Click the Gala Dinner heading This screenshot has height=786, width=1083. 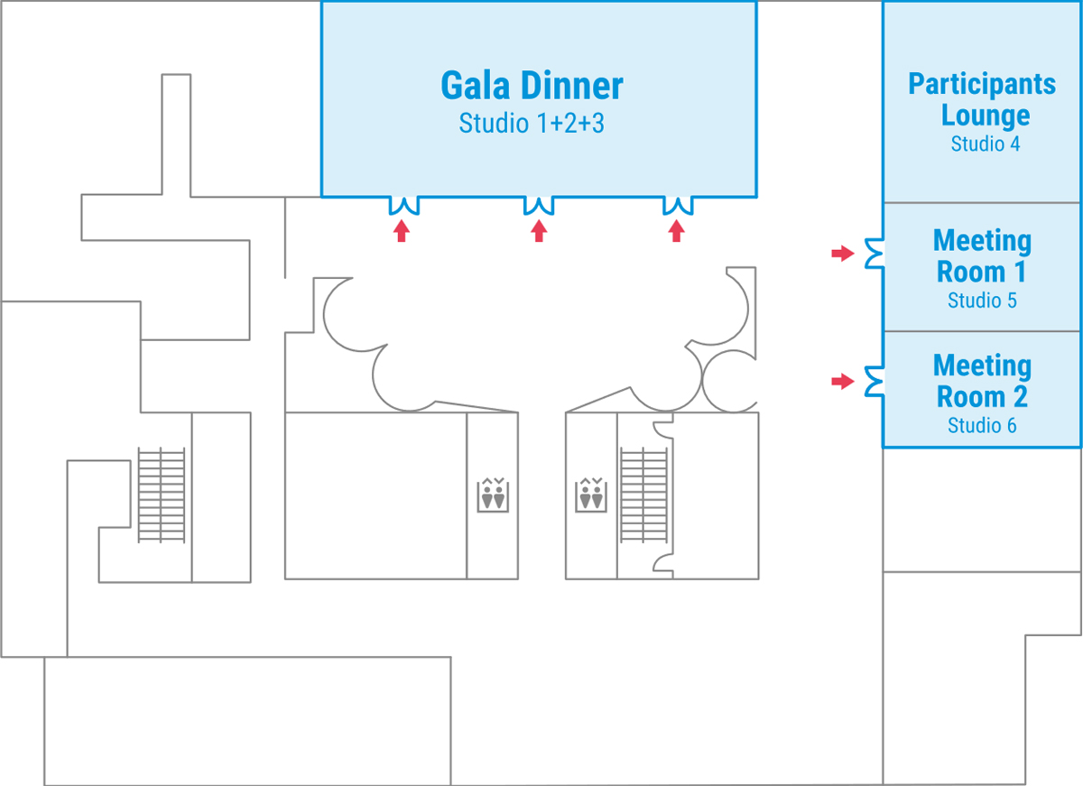pyautogui.click(x=532, y=86)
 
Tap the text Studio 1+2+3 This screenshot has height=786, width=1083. pyautogui.click(x=532, y=123)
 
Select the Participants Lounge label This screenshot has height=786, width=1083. pyautogui.click(x=982, y=99)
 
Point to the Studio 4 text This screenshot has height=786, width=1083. pyautogui.click(x=986, y=143)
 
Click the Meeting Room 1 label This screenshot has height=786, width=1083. pyautogui.click(x=982, y=255)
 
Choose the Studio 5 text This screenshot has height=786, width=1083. pyautogui.click(x=982, y=301)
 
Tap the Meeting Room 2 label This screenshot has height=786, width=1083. pyautogui.click(x=982, y=381)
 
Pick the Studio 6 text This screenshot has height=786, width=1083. pyautogui.click(x=982, y=425)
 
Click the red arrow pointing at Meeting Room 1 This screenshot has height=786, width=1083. pyautogui.click(x=842, y=254)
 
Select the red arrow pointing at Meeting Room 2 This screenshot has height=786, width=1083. pyautogui.click(x=842, y=382)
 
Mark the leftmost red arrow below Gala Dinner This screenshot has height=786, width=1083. pyautogui.click(x=402, y=232)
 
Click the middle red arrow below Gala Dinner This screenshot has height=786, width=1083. pyautogui.click(x=539, y=232)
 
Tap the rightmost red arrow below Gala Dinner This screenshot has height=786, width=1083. pyautogui.click(x=676, y=232)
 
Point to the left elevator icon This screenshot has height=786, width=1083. pyautogui.click(x=492, y=495)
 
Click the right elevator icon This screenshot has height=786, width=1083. pyautogui.click(x=590, y=495)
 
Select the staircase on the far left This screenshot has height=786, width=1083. pyautogui.click(x=161, y=495)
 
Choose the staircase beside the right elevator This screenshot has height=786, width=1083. pyautogui.click(x=644, y=495)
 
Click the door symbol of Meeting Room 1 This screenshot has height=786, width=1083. pyautogui.click(x=874, y=254)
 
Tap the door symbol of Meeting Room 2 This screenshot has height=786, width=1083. pyautogui.click(x=874, y=382)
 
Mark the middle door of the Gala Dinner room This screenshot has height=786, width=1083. pyautogui.click(x=539, y=206)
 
